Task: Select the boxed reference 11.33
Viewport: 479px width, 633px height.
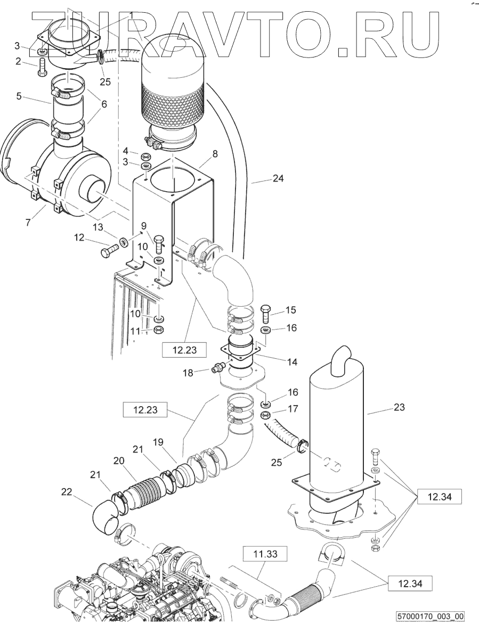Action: pos(265,554)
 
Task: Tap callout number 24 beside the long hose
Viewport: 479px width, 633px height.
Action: pos(278,178)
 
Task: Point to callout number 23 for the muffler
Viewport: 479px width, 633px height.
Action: pos(400,407)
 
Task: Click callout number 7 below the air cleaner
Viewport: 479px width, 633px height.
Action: pos(28,223)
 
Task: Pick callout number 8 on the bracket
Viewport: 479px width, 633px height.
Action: pos(215,154)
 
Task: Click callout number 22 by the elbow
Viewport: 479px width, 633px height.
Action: pos(67,492)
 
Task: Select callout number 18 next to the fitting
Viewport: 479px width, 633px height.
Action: pos(188,373)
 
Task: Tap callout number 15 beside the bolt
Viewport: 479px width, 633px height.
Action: pos(290,310)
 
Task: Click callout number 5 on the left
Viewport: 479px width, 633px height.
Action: pos(19,96)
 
